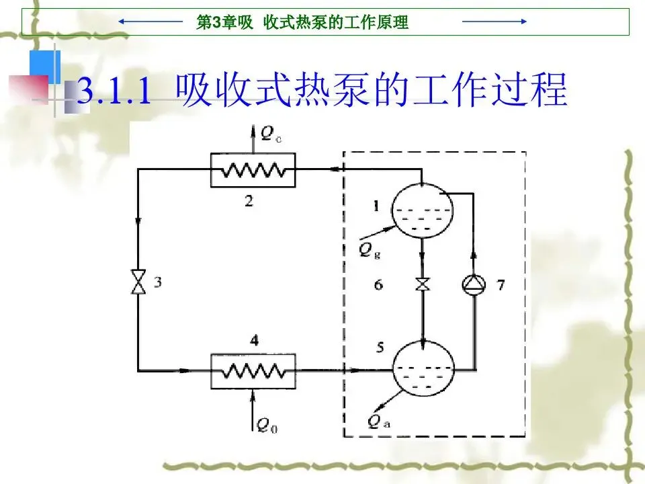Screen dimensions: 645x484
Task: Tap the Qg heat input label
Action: tap(367, 250)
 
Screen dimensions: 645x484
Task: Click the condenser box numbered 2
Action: tap(253, 169)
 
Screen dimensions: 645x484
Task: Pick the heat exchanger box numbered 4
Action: tap(253, 370)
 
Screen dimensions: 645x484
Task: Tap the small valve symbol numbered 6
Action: tap(423, 284)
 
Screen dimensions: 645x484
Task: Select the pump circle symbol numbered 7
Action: tap(474, 284)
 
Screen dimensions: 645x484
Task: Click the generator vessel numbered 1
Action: tap(422, 210)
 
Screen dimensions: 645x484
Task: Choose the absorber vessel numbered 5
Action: tap(423, 368)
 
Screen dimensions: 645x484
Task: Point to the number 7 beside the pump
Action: tap(501, 284)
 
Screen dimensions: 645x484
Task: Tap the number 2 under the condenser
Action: tap(249, 201)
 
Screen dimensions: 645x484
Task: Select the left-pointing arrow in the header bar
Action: tap(151, 22)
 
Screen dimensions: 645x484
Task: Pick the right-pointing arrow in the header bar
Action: tap(494, 22)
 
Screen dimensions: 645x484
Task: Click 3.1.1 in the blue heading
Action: tap(114, 91)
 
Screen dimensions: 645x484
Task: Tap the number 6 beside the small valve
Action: tap(379, 285)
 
